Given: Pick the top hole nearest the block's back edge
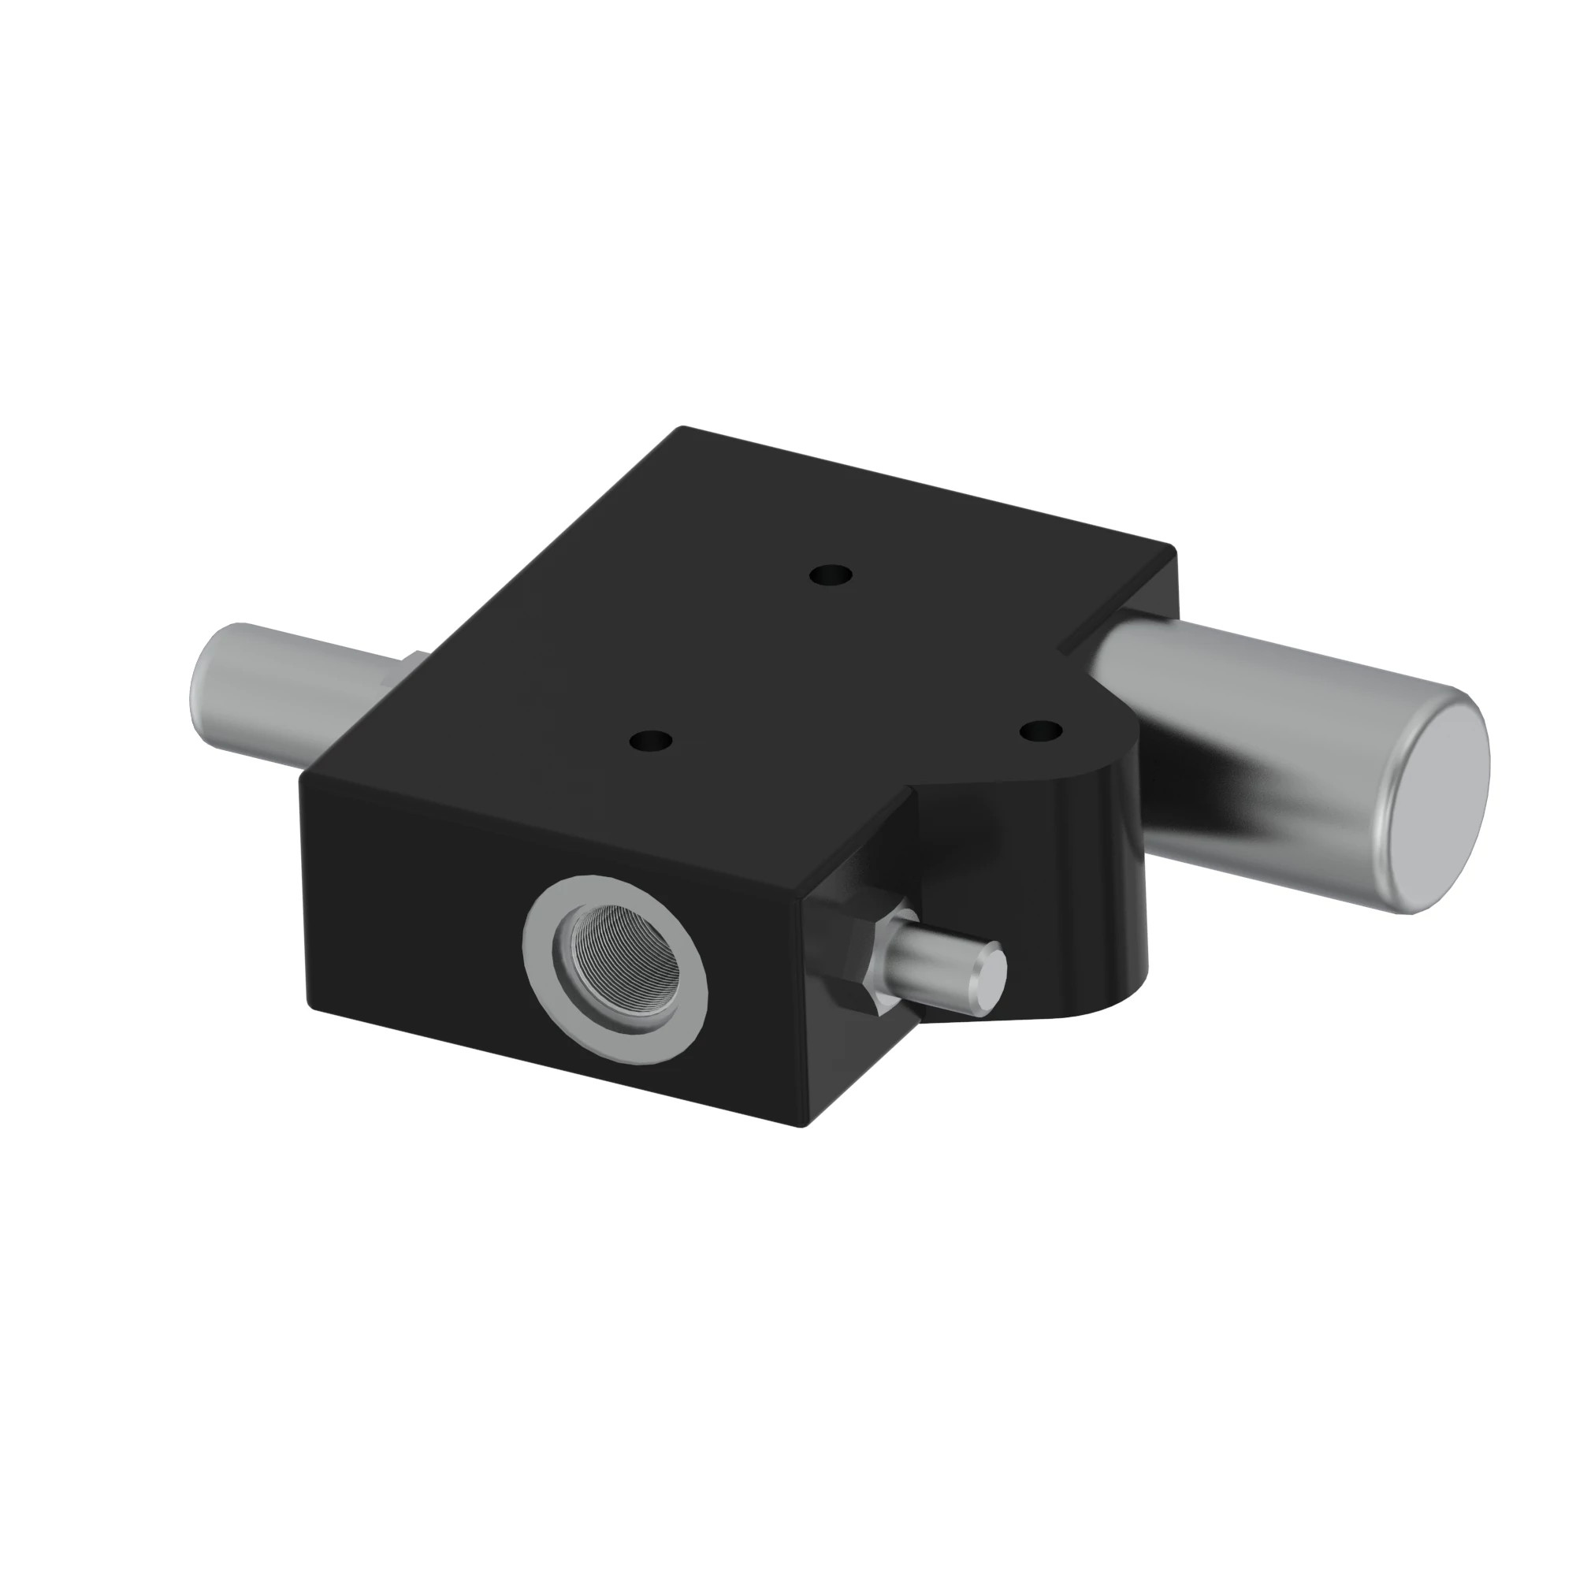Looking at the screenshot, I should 831,576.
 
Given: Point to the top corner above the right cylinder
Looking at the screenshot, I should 1172,548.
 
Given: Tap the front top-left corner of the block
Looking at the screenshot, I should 303,773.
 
